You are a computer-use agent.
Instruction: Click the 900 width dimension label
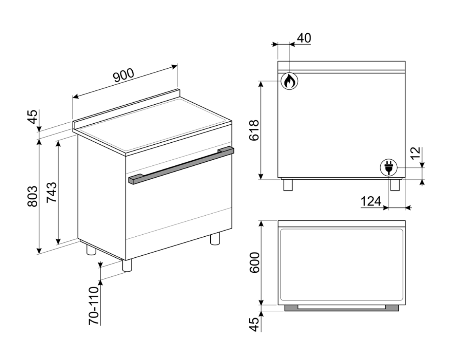(x=124, y=75)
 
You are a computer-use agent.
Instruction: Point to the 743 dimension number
(x=52, y=192)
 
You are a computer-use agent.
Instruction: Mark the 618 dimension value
(x=253, y=130)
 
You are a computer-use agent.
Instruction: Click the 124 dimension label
(x=370, y=201)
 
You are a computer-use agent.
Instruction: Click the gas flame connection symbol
(x=289, y=81)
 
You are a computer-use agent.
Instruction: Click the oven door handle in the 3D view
(x=181, y=165)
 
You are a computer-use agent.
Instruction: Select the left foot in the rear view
(x=288, y=185)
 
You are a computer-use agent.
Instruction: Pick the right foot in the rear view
(x=395, y=185)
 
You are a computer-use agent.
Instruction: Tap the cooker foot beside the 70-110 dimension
(x=127, y=265)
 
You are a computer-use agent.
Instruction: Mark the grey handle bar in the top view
(x=341, y=308)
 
